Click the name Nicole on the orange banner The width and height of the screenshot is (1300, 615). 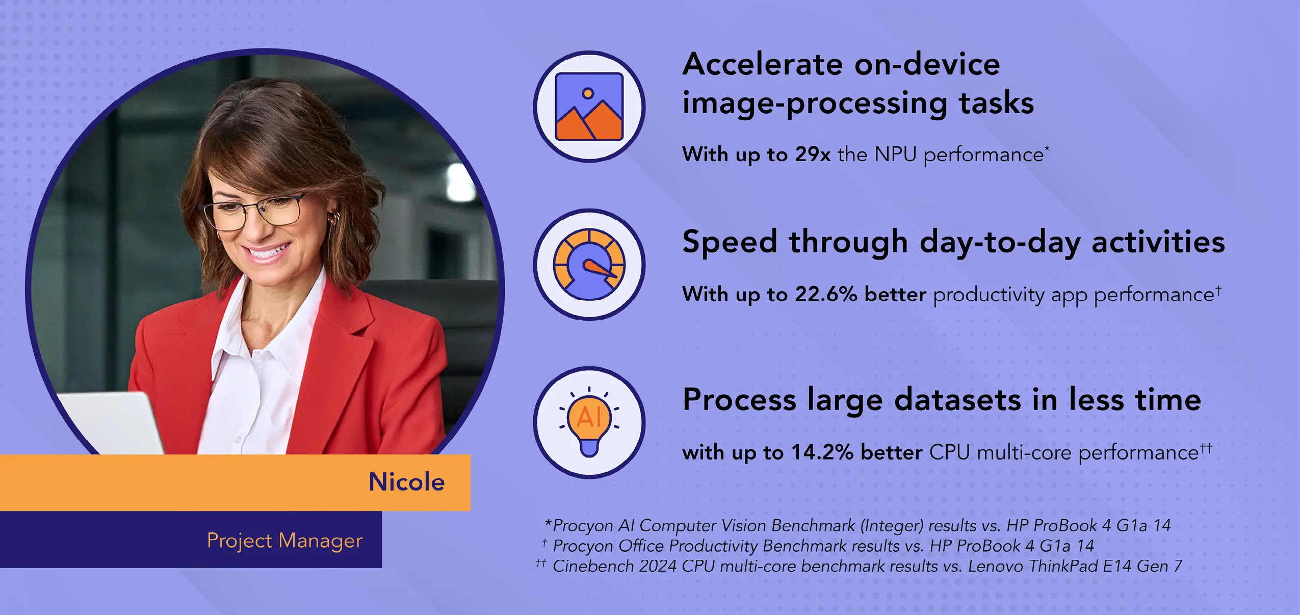(x=406, y=482)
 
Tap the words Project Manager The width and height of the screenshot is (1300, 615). (x=284, y=541)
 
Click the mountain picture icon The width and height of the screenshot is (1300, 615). (x=589, y=107)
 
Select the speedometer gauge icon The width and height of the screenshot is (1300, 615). (x=589, y=264)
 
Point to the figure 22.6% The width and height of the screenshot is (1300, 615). (x=826, y=294)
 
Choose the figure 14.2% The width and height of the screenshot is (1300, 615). (x=822, y=452)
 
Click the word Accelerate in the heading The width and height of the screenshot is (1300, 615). (x=763, y=65)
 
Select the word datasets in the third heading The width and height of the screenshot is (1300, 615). (x=957, y=400)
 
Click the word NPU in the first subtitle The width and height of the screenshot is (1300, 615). (x=895, y=154)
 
